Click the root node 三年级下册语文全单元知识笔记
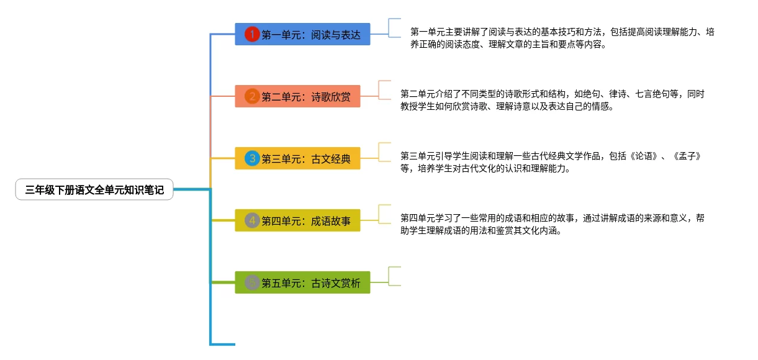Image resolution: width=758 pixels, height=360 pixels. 94,191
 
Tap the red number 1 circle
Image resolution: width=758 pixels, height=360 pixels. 251,34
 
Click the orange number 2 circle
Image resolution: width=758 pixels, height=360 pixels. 251,96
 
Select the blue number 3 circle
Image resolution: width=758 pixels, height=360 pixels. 251,158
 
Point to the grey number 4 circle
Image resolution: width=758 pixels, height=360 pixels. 251,220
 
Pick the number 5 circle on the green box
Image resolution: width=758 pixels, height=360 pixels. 251,283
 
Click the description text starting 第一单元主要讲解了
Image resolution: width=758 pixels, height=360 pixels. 562,38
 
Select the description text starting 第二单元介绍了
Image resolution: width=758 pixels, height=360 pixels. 553,100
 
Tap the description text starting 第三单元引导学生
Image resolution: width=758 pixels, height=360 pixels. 551,162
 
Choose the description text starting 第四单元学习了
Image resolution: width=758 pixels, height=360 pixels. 553,224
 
